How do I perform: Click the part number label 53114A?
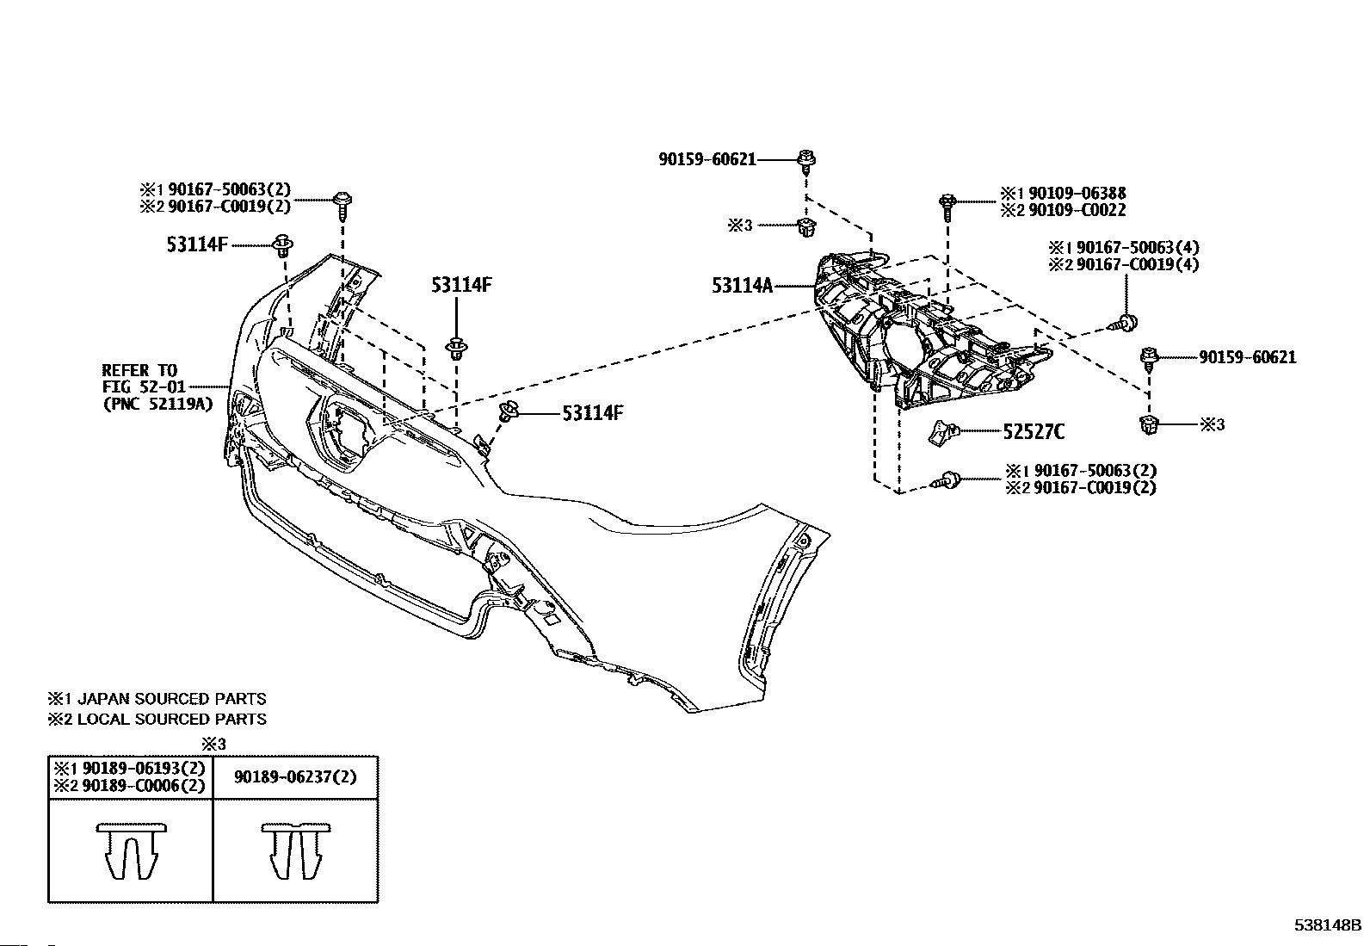pyautogui.click(x=742, y=284)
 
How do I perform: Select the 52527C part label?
pyautogui.click(x=1033, y=432)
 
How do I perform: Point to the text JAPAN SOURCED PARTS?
pyautogui.click(x=171, y=699)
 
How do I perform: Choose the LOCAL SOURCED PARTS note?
pyautogui.click(x=171, y=719)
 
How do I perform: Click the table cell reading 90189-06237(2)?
pyautogui.click(x=294, y=776)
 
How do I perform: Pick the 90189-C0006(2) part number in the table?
pyautogui.click(x=142, y=785)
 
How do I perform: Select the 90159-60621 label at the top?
pyautogui.click(x=707, y=158)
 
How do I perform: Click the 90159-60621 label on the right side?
pyautogui.click(x=1247, y=357)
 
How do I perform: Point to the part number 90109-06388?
pyautogui.click(x=1076, y=194)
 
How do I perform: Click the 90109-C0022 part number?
pyautogui.click(x=1076, y=210)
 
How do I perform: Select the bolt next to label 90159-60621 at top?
pyautogui.click(x=806, y=160)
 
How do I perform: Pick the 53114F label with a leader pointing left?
pyautogui.click(x=592, y=413)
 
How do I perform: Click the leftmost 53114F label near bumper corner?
pyautogui.click(x=197, y=244)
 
